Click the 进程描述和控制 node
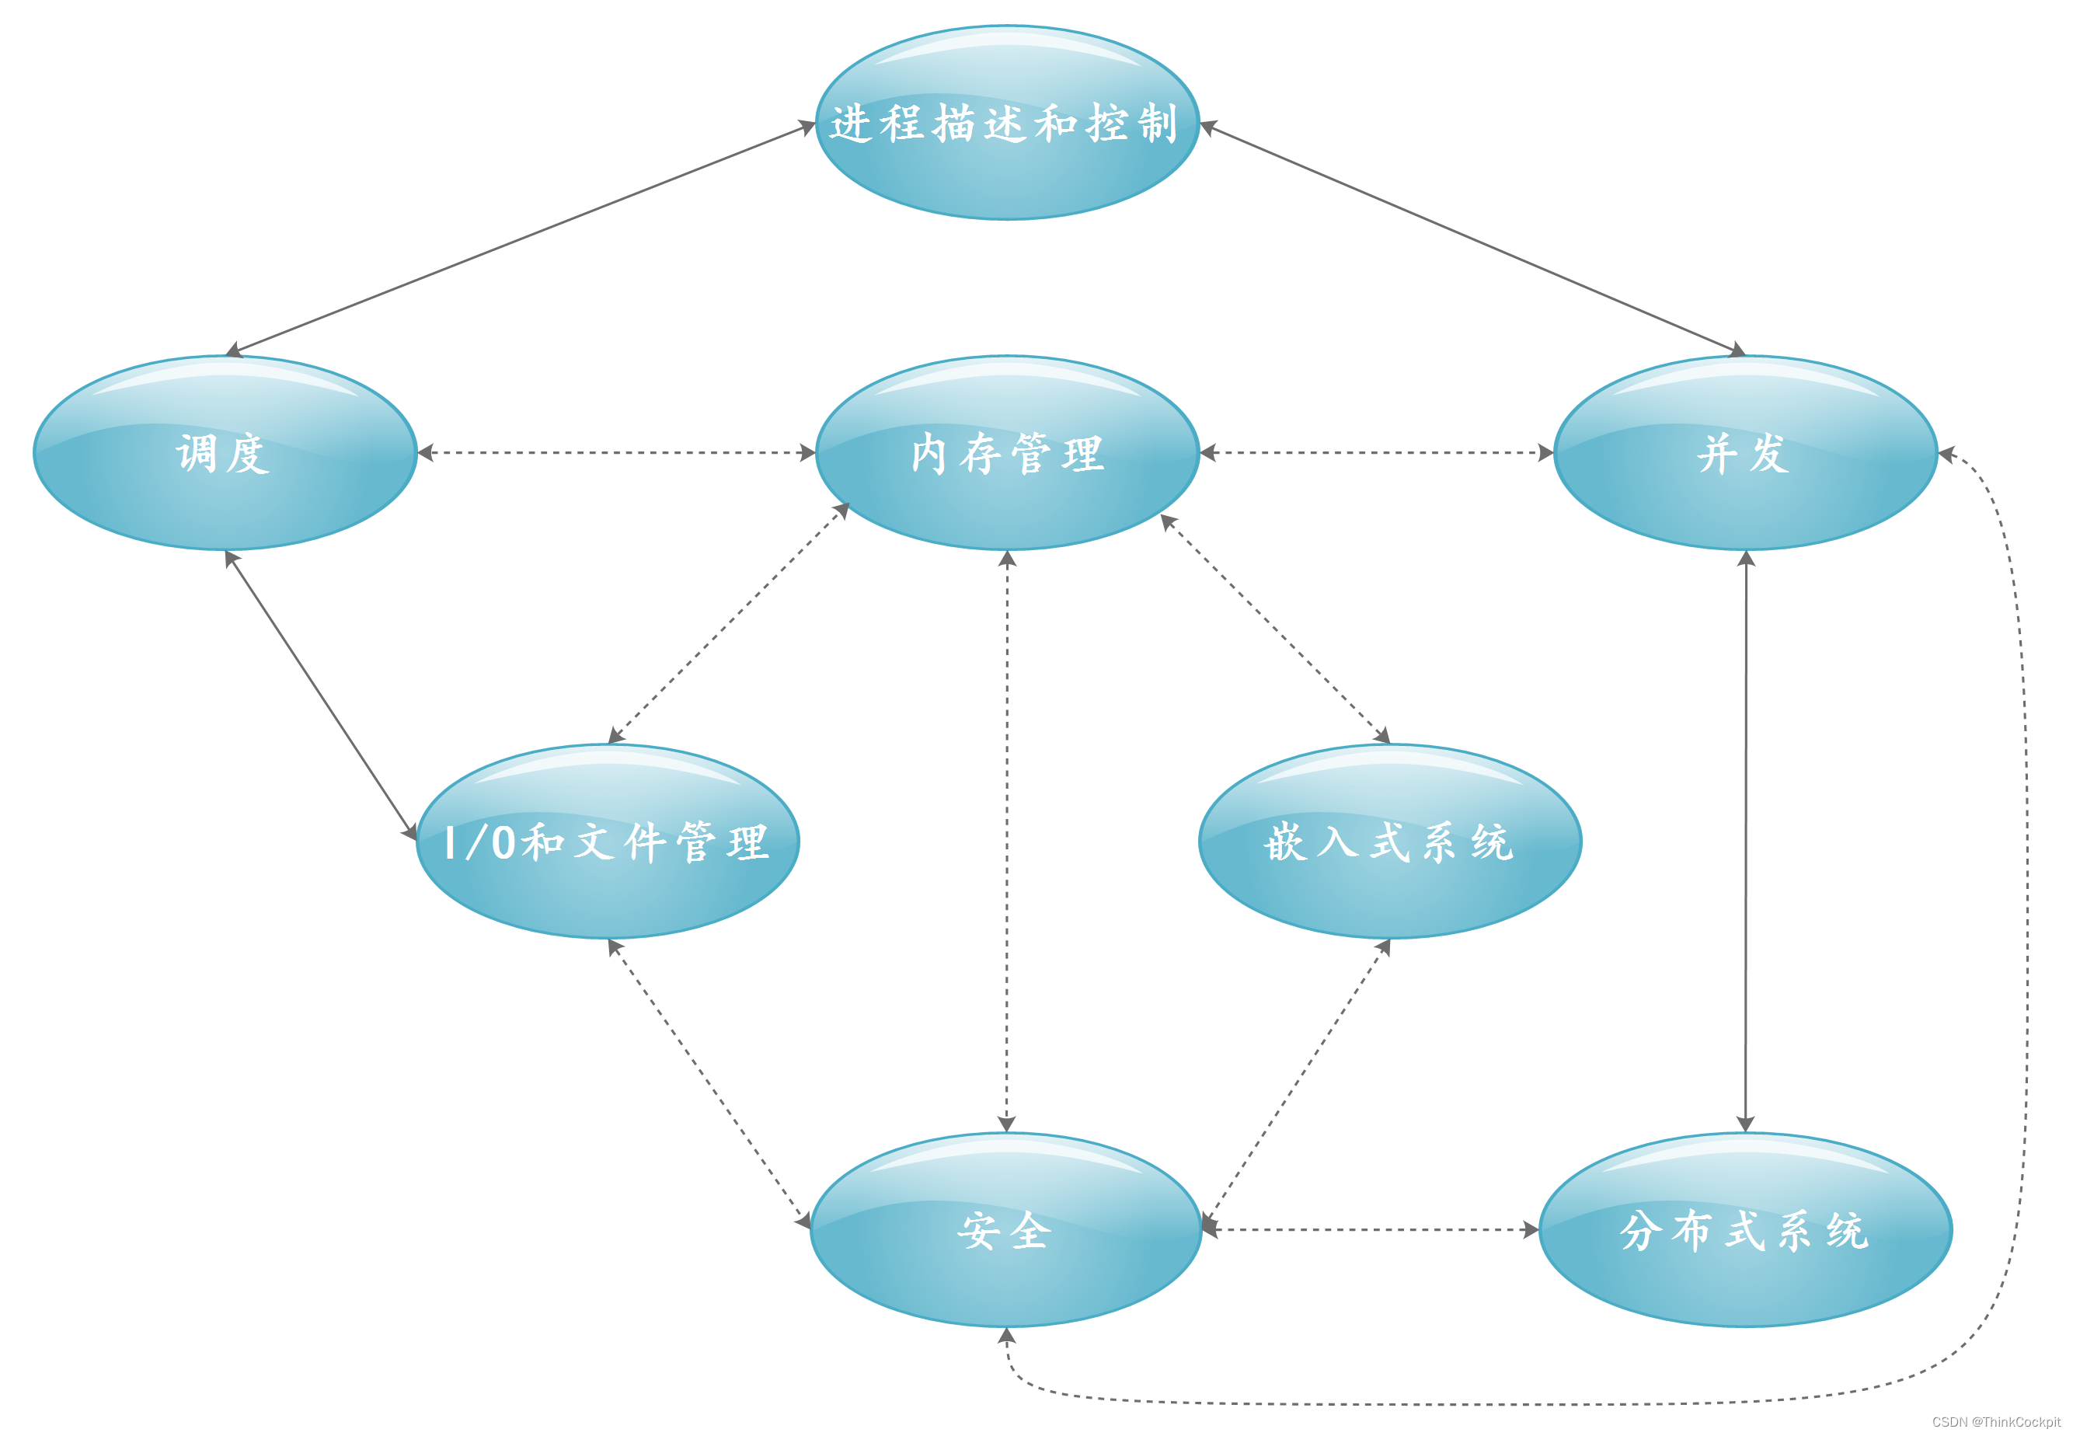pos(1007,122)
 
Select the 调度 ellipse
pos(224,452)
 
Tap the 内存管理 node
pos(1007,452)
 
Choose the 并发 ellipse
pos(1744,452)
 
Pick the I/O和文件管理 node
pos(608,842)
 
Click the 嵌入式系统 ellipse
pos(1389,842)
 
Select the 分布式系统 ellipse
pos(1744,1229)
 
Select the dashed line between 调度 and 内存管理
pos(616,452)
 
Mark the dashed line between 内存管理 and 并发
pos(1377,452)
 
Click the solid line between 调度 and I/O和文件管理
pos(320,695)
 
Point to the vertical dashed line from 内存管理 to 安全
pos(1007,842)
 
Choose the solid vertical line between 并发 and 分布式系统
pos(1745,842)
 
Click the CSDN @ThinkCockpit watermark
pos(1995,1421)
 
